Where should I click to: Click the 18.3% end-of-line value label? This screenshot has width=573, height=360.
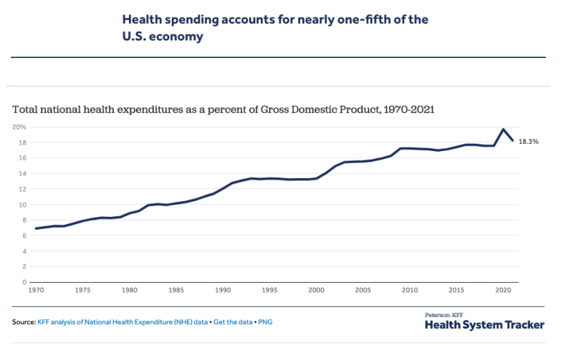(x=529, y=142)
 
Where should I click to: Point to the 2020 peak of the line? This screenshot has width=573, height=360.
(x=504, y=130)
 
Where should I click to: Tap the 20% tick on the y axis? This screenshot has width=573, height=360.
(x=19, y=127)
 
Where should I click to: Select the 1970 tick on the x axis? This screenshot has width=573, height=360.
(x=35, y=291)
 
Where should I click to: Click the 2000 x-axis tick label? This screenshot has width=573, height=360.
(x=316, y=291)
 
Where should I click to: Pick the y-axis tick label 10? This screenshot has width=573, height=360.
(x=21, y=205)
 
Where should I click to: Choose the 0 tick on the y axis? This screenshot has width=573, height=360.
(x=24, y=282)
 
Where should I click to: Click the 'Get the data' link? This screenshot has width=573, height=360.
(x=233, y=323)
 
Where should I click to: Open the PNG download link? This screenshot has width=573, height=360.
(x=265, y=323)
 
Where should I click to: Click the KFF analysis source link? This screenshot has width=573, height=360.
(x=122, y=323)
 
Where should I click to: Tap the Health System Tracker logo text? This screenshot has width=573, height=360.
(x=484, y=325)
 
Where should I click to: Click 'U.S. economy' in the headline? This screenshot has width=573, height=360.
(x=163, y=36)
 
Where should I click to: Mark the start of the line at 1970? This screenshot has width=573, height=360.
(x=36, y=228)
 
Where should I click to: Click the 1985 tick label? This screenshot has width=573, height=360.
(x=175, y=291)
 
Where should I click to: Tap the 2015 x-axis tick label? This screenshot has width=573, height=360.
(x=456, y=291)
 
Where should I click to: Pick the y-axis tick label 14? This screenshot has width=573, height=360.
(x=21, y=173)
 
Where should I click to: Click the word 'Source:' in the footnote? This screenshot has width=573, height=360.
(x=24, y=323)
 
